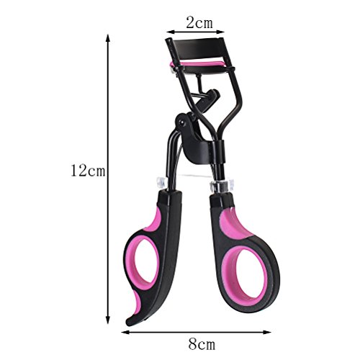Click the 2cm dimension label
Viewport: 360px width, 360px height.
coord(199,22)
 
